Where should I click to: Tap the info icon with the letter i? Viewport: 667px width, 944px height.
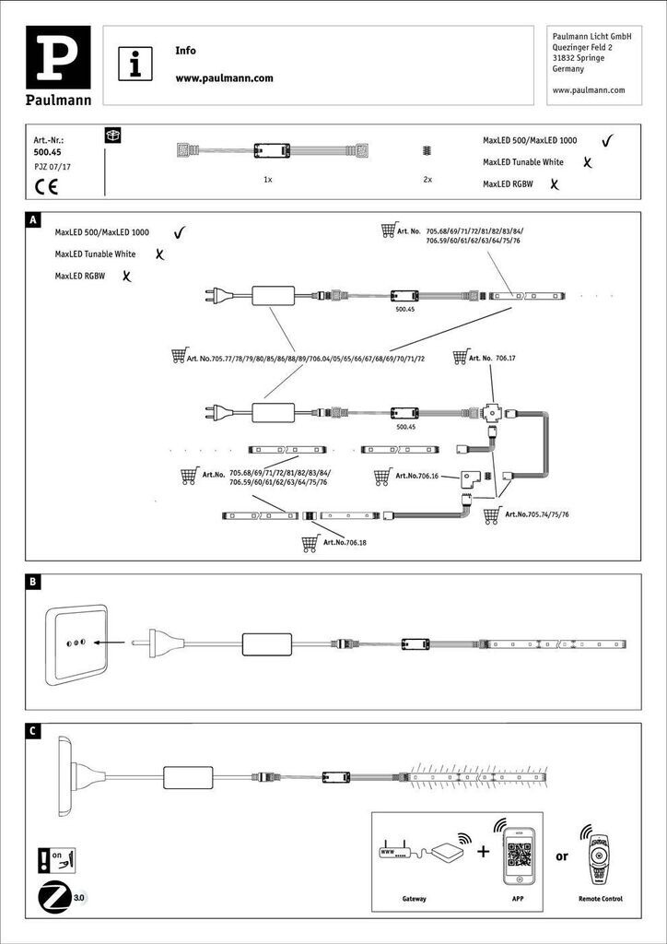pos(136,64)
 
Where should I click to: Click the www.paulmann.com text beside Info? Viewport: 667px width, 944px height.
pos(224,78)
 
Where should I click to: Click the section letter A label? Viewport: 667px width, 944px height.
pos(33,221)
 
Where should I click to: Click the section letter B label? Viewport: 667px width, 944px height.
pos(33,583)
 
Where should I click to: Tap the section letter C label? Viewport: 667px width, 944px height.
pos(33,732)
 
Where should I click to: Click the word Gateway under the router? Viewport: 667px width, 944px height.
pos(415,898)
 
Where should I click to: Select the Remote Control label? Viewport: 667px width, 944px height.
pos(601,898)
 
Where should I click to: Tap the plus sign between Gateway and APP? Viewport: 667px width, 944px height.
pos(482,851)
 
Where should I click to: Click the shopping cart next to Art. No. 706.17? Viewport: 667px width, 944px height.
pos(461,357)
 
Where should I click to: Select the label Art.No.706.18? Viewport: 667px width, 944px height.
pos(345,543)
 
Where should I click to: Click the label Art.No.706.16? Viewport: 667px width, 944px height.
pos(420,477)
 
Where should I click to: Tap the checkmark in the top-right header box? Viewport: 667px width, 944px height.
pos(607,141)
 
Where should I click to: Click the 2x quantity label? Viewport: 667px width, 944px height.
pos(427,180)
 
